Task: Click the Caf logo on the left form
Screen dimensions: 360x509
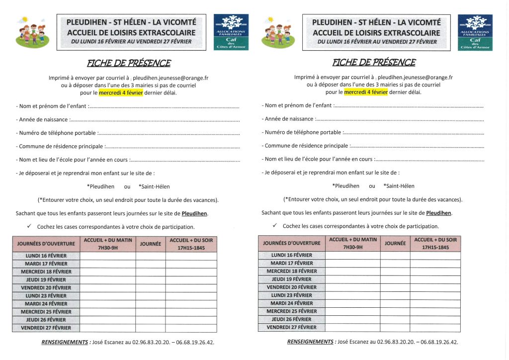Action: (x=231, y=32)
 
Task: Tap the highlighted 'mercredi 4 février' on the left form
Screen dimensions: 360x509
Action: (x=121, y=92)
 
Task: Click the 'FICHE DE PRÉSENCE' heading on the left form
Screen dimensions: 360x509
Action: (x=129, y=63)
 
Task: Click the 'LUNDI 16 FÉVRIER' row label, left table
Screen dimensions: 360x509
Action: (x=46, y=256)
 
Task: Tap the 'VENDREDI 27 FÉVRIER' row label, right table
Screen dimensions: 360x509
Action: (x=292, y=327)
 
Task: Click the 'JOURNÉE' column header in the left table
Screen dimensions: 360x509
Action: (x=151, y=244)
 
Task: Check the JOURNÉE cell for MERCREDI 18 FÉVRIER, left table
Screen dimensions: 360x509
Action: (x=151, y=272)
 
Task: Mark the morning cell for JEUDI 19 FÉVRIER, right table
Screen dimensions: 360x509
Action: (x=352, y=279)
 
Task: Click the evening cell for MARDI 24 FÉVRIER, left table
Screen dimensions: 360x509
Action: (x=191, y=304)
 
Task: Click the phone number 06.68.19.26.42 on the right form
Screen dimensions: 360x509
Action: (x=438, y=342)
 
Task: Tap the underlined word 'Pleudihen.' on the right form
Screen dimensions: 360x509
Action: (x=439, y=213)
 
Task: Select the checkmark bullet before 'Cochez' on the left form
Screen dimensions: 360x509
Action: (x=29, y=226)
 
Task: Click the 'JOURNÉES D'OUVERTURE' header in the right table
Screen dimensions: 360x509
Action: (x=292, y=243)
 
